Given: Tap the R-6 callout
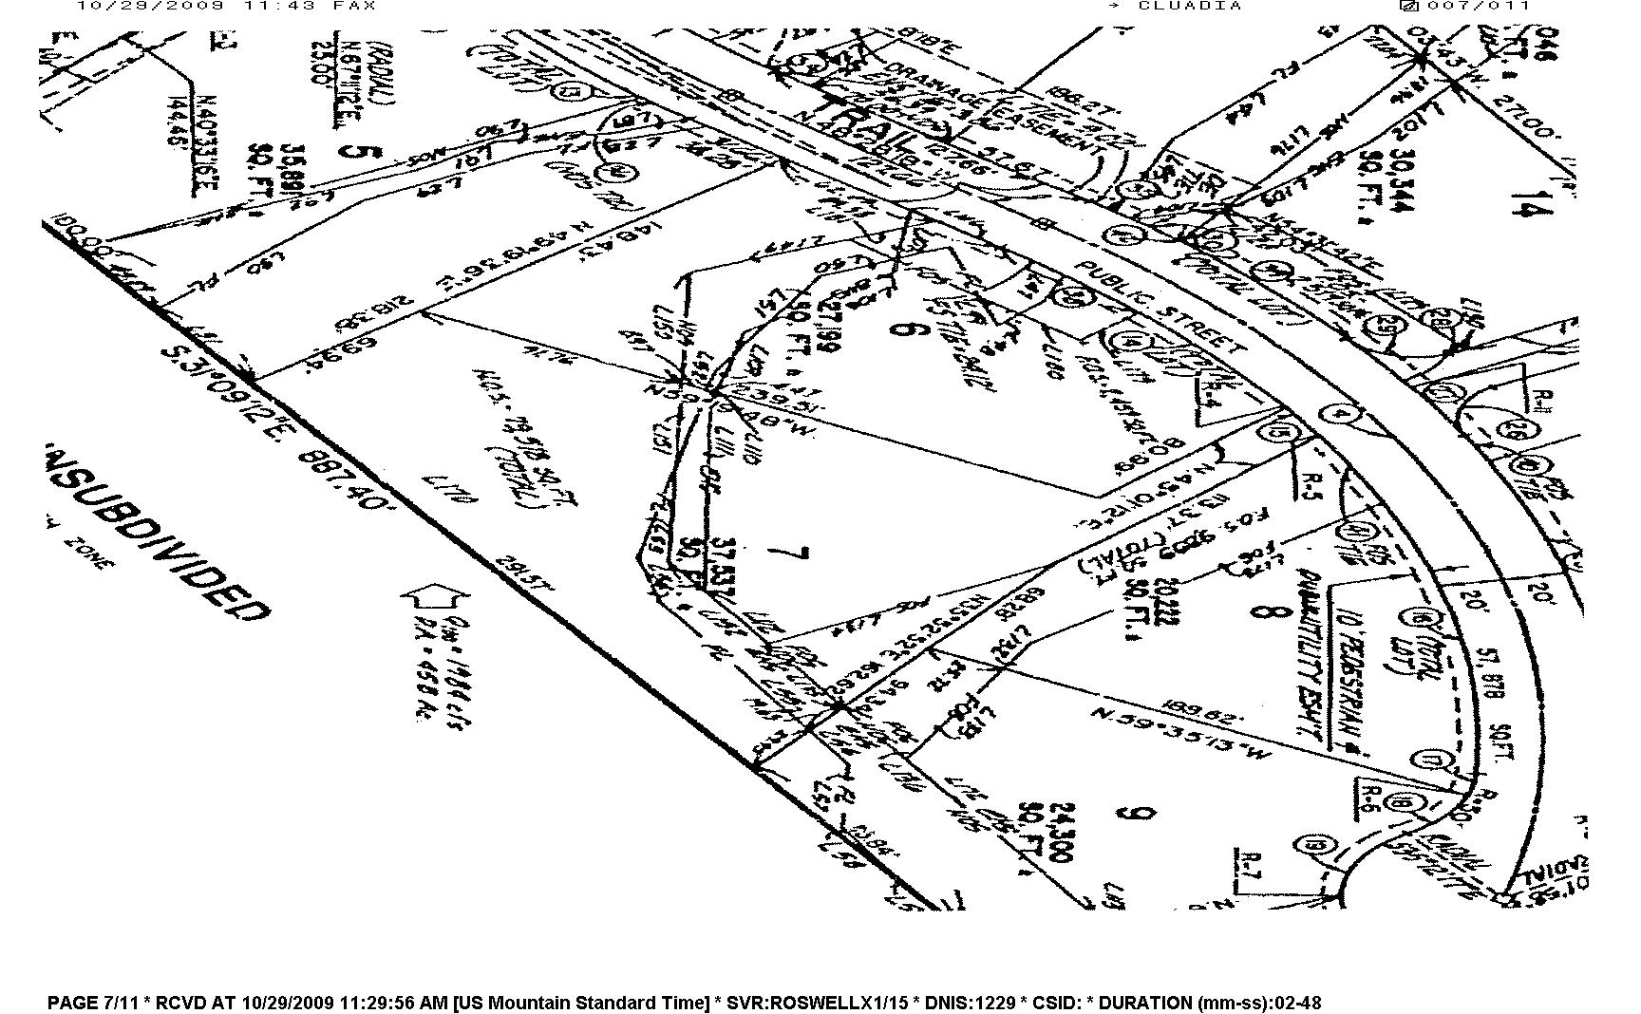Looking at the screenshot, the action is coord(1367,796).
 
